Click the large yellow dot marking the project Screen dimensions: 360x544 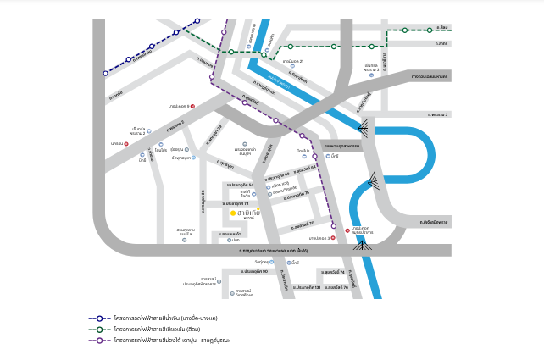pyautogui.click(x=233, y=213)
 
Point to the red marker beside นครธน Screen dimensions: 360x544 pyautogui.click(x=126, y=144)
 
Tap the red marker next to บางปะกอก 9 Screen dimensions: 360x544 pyautogui.click(x=192, y=106)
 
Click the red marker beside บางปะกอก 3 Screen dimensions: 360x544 pyautogui.click(x=333, y=238)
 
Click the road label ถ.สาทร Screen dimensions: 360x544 pyautogui.click(x=441, y=43)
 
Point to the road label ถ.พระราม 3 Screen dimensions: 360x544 pyautogui.click(x=438, y=114)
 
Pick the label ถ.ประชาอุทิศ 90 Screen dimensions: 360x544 pyautogui.click(x=254, y=271)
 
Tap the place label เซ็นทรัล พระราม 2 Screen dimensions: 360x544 pyautogui.click(x=137, y=131)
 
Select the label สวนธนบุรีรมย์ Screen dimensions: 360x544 pyautogui.click(x=186, y=231)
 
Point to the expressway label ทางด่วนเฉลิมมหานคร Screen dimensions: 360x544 pyautogui.click(x=430, y=76)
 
